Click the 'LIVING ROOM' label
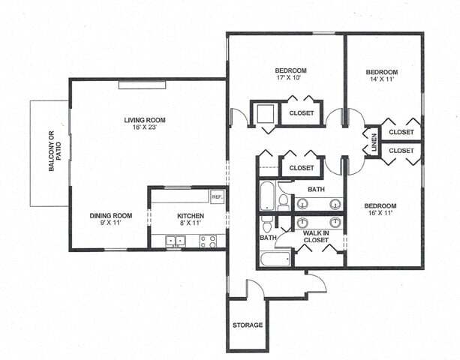(x=145, y=119)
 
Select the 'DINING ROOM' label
(x=111, y=216)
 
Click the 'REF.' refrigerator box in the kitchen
(x=217, y=196)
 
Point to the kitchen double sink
(x=176, y=241)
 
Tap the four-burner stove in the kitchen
(x=209, y=241)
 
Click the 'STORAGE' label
(x=247, y=325)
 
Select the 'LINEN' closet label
(x=374, y=141)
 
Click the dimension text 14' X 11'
(x=381, y=81)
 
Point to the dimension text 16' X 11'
(x=380, y=214)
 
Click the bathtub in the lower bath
(x=274, y=260)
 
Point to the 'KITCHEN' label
(x=190, y=215)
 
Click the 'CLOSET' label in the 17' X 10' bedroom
(x=301, y=113)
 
